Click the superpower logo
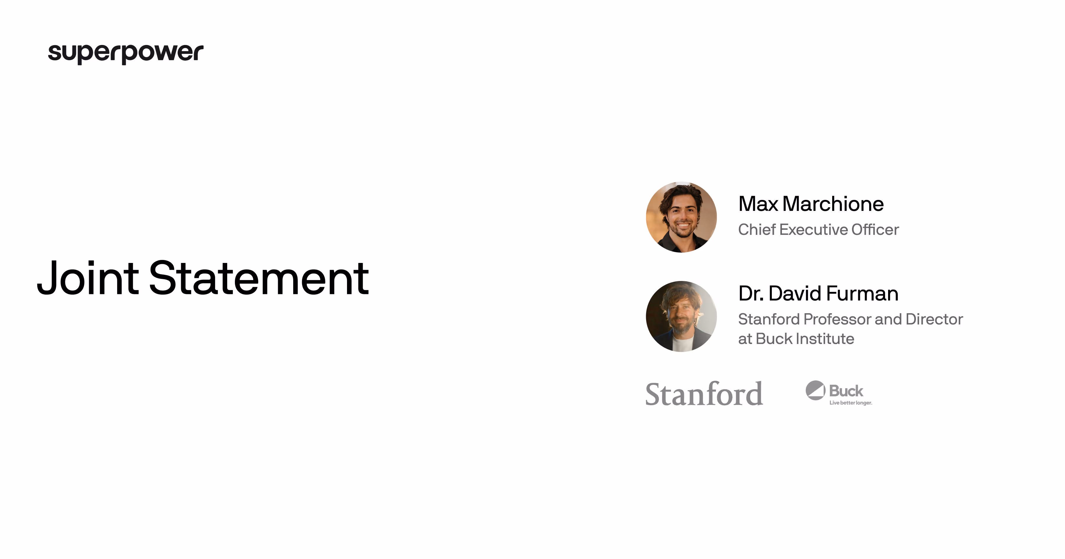pyautogui.click(x=126, y=53)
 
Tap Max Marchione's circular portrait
pyautogui.click(x=681, y=217)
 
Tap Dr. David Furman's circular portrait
pyautogui.click(x=681, y=316)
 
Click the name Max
pyautogui.click(x=758, y=204)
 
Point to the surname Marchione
pyautogui.click(x=833, y=204)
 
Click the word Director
pyautogui.click(x=934, y=319)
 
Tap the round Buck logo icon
pyautogui.click(x=815, y=390)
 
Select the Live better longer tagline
pyautogui.click(x=851, y=403)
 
